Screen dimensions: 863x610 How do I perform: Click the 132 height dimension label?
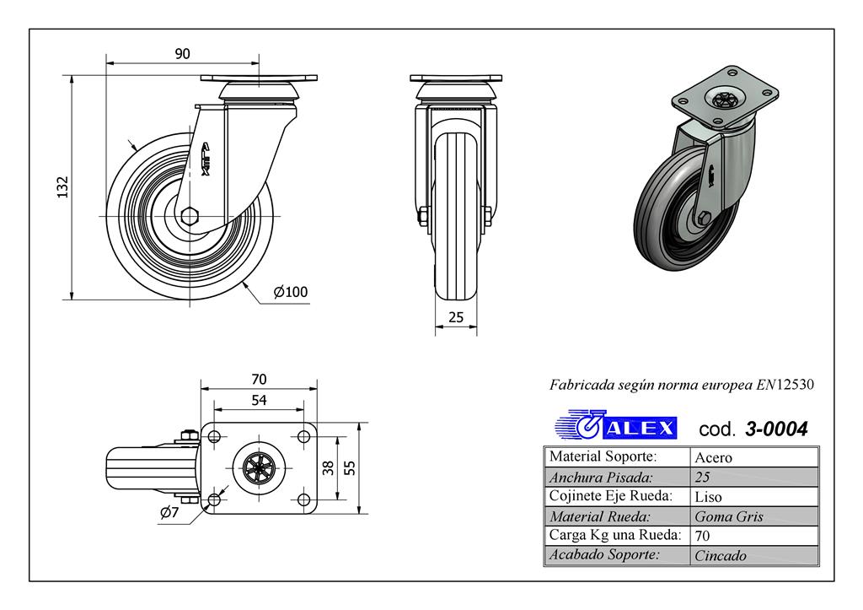(62, 186)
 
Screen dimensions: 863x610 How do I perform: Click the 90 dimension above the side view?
(182, 53)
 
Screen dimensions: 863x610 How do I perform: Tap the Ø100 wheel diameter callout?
(291, 291)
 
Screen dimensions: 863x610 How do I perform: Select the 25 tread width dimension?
(456, 317)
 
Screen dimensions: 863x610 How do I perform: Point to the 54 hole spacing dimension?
(259, 400)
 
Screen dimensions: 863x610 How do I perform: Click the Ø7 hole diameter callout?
(169, 512)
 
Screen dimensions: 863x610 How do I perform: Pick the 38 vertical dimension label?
(328, 467)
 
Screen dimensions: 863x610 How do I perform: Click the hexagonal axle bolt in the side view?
(189, 215)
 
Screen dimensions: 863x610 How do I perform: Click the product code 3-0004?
(776, 429)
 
